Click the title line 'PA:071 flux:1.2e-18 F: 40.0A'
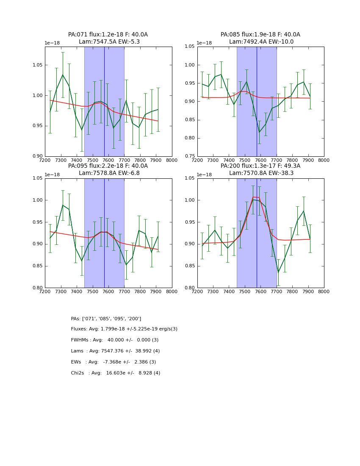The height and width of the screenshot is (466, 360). pyautogui.click(x=108, y=35)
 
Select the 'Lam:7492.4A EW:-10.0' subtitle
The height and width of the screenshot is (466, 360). pyautogui.click(x=261, y=42)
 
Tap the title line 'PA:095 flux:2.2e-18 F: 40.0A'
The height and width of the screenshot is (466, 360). pyautogui.click(x=108, y=166)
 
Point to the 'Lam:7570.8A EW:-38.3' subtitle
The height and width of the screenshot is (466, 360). pyautogui.click(x=261, y=173)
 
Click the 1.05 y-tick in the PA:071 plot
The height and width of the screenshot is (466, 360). pyautogui.click(x=37, y=65)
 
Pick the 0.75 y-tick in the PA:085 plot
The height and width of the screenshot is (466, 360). pyautogui.click(x=190, y=156)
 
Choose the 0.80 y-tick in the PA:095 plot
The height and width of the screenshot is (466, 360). pyautogui.click(x=37, y=288)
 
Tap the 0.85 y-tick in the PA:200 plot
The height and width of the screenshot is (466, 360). pyautogui.click(x=190, y=266)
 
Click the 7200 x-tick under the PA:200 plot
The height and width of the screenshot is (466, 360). pyautogui.click(x=197, y=291)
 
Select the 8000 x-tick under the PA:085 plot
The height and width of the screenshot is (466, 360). pyautogui.click(x=324, y=160)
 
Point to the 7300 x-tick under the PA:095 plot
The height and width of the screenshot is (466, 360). pyautogui.click(x=61, y=291)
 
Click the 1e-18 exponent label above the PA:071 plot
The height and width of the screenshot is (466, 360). pyautogui.click(x=53, y=43)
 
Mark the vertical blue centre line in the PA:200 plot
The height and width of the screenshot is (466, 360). pyautogui.click(x=257, y=233)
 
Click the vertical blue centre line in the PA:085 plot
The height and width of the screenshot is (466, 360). pyautogui.click(x=257, y=102)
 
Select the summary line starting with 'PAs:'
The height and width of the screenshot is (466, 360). pyautogui.click(x=106, y=319)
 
